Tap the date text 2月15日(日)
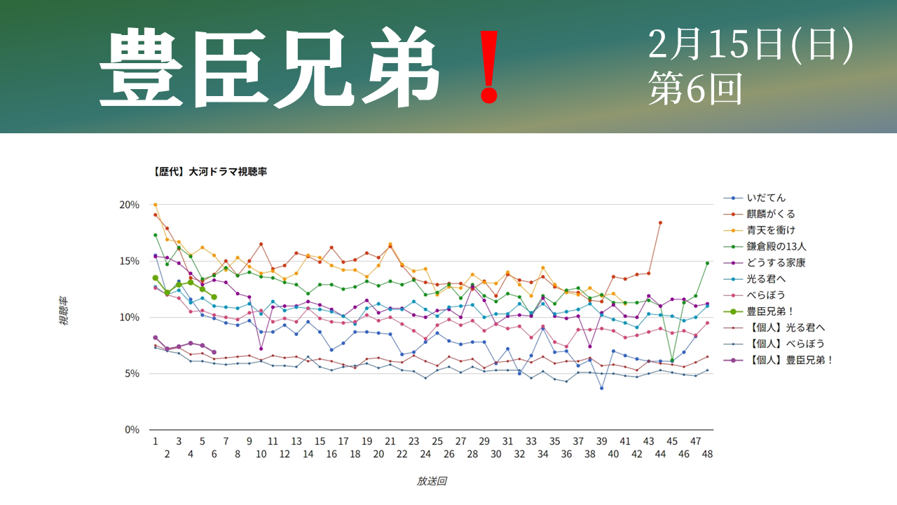(x=751, y=46)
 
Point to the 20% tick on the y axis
(x=130, y=205)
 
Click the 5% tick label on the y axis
(x=132, y=374)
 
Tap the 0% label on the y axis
(x=132, y=430)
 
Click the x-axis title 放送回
(x=432, y=481)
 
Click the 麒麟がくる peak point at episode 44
(x=660, y=222)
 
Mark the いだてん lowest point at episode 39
(x=601, y=388)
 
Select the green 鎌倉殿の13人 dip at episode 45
(x=672, y=360)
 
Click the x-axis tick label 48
(x=708, y=454)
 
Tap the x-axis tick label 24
(x=425, y=454)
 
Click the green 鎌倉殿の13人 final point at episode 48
(x=708, y=263)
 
